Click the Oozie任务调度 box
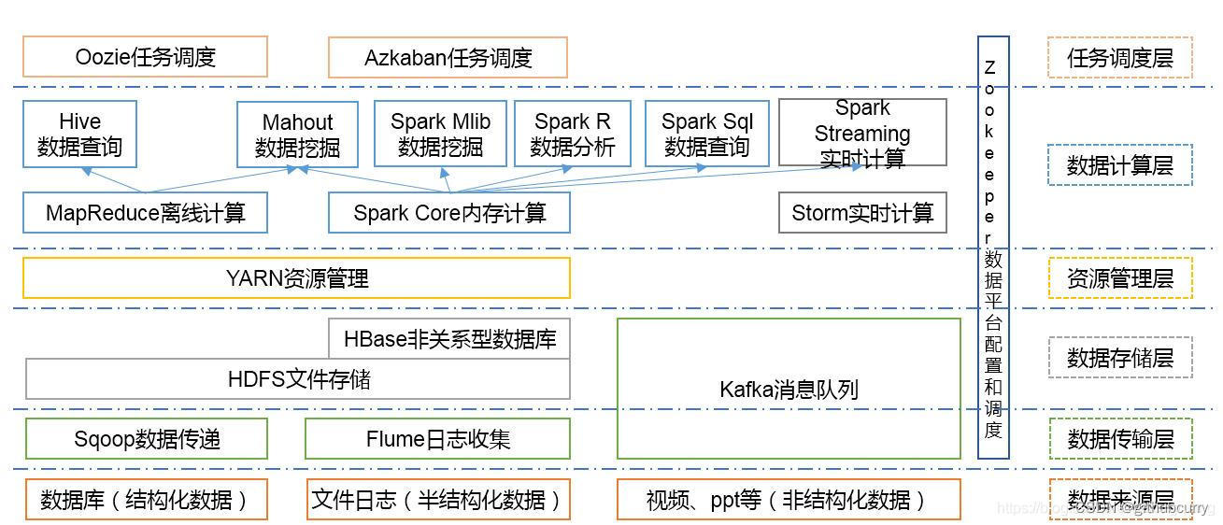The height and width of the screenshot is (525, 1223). pyautogui.click(x=145, y=57)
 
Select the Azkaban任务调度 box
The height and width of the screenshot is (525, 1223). pyautogui.click(x=448, y=58)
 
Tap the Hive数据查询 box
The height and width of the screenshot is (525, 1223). pyautogui.click(x=79, y=135)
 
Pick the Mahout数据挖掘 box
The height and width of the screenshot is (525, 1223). pyautogui.click(x=297, y=135)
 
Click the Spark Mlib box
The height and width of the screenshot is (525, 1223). pyautogui.click(x=440, y=134)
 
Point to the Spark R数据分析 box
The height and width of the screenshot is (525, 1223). pyautogui.click(x=572, y=134)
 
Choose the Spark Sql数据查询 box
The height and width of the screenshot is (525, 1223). pyautogui.click(x=706, y=134)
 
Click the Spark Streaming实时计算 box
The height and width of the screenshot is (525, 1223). pyautogui.click(x=861, y=133)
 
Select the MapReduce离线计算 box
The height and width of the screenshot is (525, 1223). pyautogui.click(x=145, y=213)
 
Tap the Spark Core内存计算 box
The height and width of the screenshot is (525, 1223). pyautogui.click(x=448, y=213)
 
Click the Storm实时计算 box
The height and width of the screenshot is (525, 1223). pyautogui.click(x=861, y=213)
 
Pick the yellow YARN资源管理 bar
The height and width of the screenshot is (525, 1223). pyautogui.click(x=296, y=277)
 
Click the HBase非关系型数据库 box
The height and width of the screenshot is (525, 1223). pyautogui.click(x=449, y=338)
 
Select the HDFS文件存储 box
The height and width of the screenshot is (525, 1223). pyautogui.click(x=298, y=378)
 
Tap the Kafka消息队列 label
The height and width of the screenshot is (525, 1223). pyautogui.click(x=788, y=389)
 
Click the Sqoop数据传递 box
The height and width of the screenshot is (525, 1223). pyautogui.click(x=146, y=438)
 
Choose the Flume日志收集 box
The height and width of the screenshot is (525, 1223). pyautogui.click(x=437, y=438)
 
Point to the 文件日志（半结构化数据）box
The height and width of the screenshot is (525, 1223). pyautogui.click(x=437, y=500)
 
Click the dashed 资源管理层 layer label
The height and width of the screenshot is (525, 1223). pyautogui.click(x=1119, y=278)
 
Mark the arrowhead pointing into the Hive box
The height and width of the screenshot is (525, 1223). pyautogui.click(x=86, y=171)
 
